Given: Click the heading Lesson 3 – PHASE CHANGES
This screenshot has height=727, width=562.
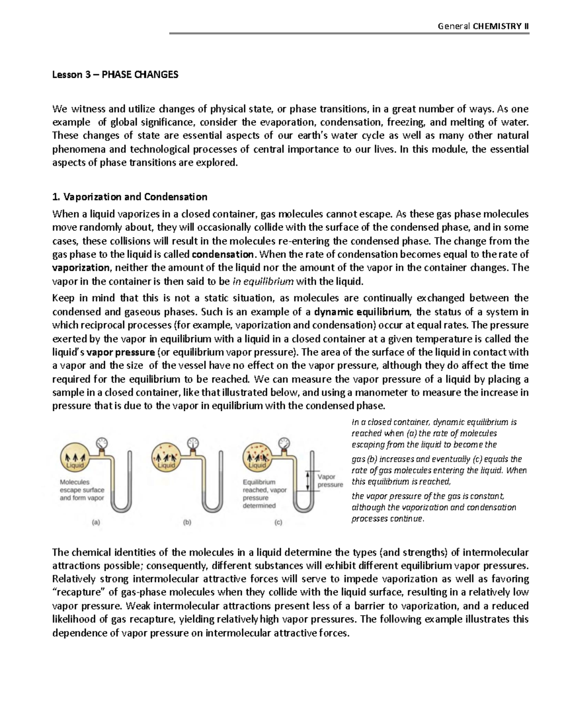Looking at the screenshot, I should [115, 75].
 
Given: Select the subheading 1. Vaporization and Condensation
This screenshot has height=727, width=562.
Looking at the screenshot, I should [130, 197].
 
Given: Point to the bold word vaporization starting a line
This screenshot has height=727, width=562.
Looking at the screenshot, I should [81, 268].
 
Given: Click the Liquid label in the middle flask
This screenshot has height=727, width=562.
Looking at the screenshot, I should [166, 465].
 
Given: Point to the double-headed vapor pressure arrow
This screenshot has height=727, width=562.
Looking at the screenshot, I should [307, 481].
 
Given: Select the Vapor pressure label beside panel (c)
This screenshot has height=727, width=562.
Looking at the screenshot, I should [330, 481].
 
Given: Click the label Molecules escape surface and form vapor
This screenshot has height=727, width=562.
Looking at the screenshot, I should [81, 490].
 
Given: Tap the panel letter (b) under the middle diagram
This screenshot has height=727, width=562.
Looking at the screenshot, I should [187, 523].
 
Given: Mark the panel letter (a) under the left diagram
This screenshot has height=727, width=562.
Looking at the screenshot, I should [96, 523].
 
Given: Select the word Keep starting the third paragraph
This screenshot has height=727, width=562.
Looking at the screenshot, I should [63, 298].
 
